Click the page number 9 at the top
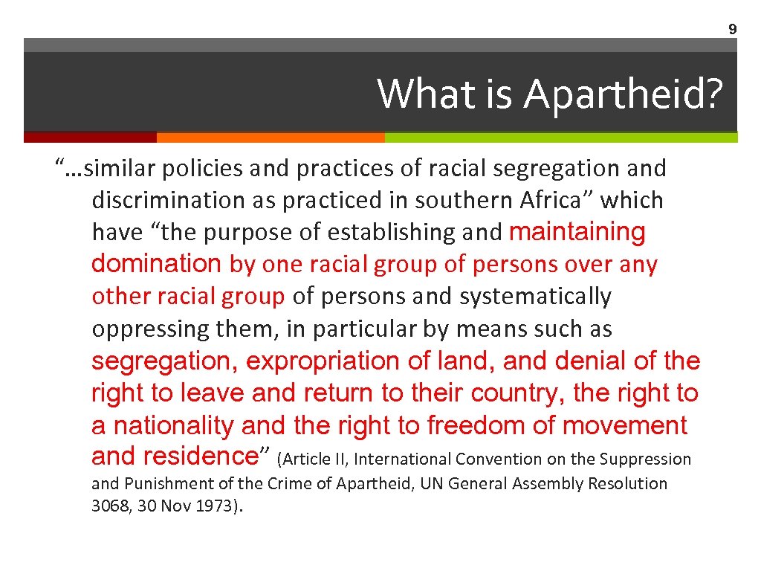[732, 30]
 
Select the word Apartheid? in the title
[623, 95]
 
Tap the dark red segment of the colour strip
[90, 138]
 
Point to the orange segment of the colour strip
[271, 138]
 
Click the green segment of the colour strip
[561, 138]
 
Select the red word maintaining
[577, 233]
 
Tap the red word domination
[156, 264]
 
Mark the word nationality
[175, 426]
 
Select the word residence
[200, 455]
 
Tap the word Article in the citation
[305, 459]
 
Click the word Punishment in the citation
[169, 484]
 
